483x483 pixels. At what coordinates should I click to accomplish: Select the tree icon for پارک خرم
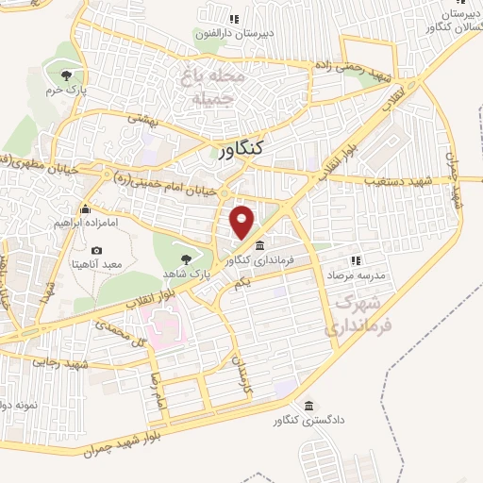[x=65, y=76]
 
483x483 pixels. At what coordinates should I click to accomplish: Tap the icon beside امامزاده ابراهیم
[x=85, y=208]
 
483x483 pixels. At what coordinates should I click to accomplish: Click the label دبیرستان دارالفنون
[x=235, y=33]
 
